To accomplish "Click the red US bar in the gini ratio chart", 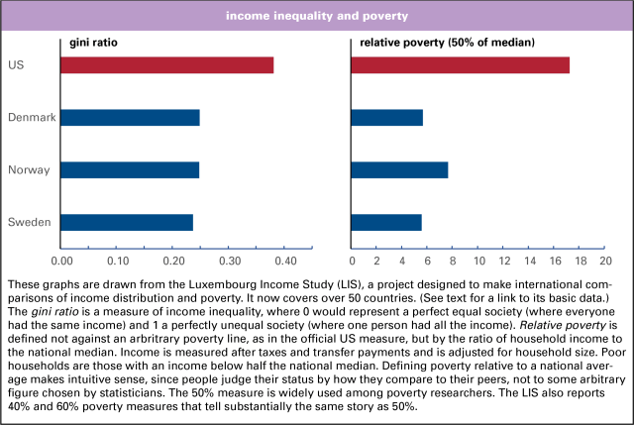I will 166,65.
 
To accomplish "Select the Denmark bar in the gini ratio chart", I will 130,118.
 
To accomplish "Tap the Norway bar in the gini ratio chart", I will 130,169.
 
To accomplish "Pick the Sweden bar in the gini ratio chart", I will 127,222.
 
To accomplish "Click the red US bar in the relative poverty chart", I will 461,65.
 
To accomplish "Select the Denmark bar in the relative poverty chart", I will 387,118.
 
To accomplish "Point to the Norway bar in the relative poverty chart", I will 400,169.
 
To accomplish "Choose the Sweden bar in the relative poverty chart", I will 386,222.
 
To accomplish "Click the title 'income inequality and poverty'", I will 317,17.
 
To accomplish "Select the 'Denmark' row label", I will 32,118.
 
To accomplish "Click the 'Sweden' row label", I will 30,222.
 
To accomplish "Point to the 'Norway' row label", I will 30,170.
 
